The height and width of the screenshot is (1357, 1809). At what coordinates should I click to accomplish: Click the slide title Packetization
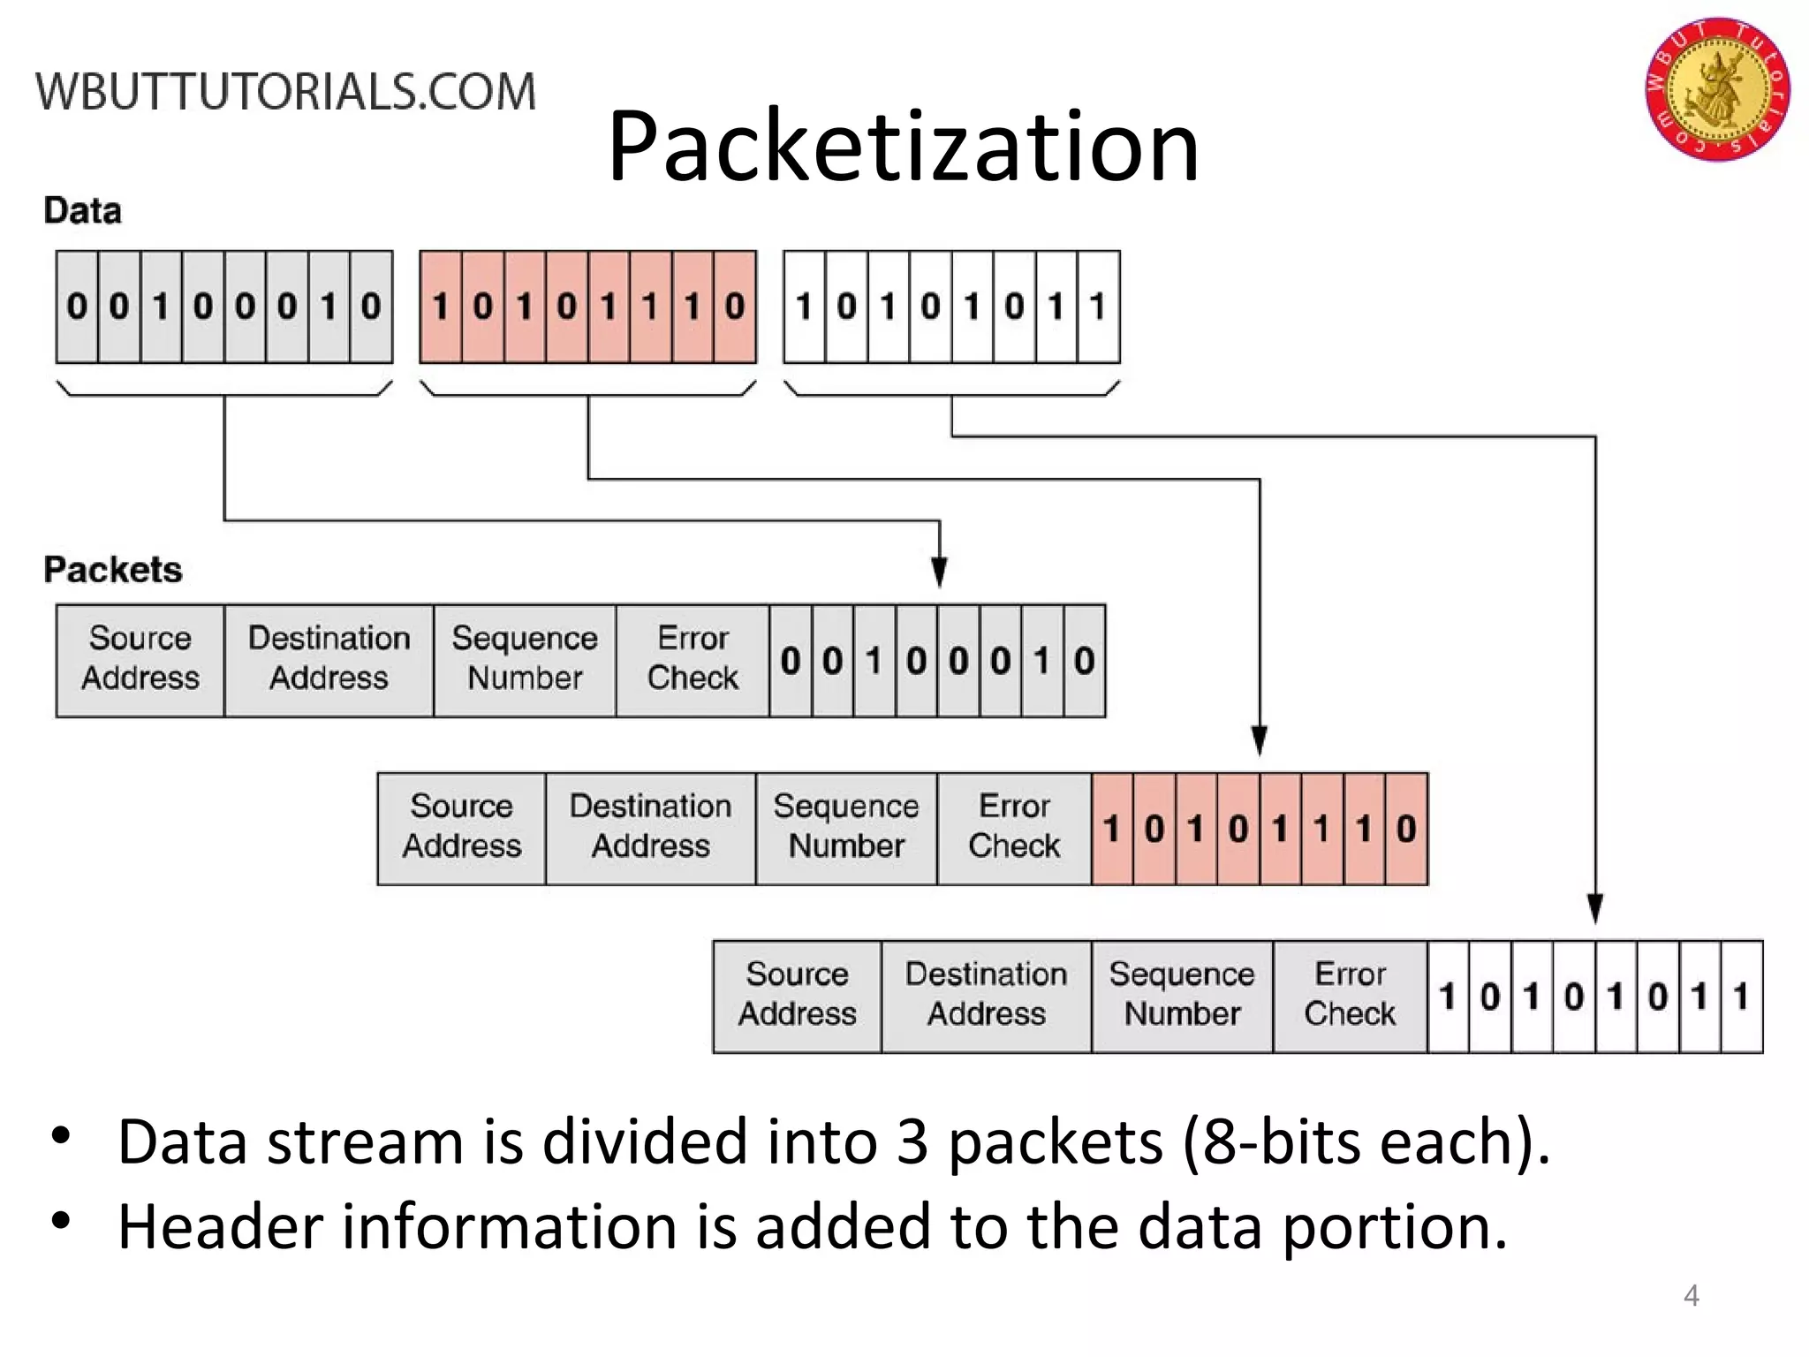903,146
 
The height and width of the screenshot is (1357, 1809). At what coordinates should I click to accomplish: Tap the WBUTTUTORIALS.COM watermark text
285,92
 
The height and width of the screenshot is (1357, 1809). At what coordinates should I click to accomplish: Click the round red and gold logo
1716,89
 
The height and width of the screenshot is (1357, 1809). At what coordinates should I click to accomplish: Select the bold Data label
82,211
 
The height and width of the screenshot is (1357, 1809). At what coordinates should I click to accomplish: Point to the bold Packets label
113,570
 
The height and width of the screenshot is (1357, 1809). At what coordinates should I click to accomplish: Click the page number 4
1691,1296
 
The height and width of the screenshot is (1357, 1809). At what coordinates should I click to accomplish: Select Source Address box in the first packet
140,660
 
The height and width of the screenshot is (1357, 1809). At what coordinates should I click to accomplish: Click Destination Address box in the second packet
650,828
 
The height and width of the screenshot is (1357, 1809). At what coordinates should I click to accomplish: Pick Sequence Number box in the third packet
1182,996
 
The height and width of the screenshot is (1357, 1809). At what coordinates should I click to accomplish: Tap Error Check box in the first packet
693,660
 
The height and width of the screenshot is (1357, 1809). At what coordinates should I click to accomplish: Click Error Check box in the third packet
1350,996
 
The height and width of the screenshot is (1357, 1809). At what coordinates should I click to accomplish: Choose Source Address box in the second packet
461,828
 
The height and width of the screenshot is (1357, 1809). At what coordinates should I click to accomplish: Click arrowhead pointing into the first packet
939,572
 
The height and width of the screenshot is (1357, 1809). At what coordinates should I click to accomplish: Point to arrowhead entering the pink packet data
1260,740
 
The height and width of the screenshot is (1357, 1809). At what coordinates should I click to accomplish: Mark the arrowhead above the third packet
1595,908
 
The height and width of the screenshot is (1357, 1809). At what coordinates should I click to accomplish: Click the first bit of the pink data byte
440,307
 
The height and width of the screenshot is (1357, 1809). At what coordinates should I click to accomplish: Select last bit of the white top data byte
1098,307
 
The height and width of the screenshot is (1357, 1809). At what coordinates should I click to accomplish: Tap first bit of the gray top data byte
77,307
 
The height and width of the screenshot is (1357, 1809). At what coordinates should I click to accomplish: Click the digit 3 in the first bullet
911,1142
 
